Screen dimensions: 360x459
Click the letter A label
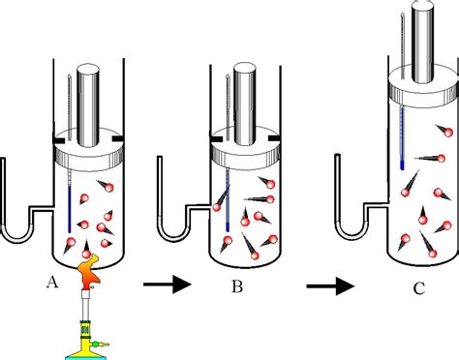click(51, 282)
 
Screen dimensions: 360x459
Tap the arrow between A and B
click(161, 284)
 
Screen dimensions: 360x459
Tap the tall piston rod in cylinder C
click(422, 39)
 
